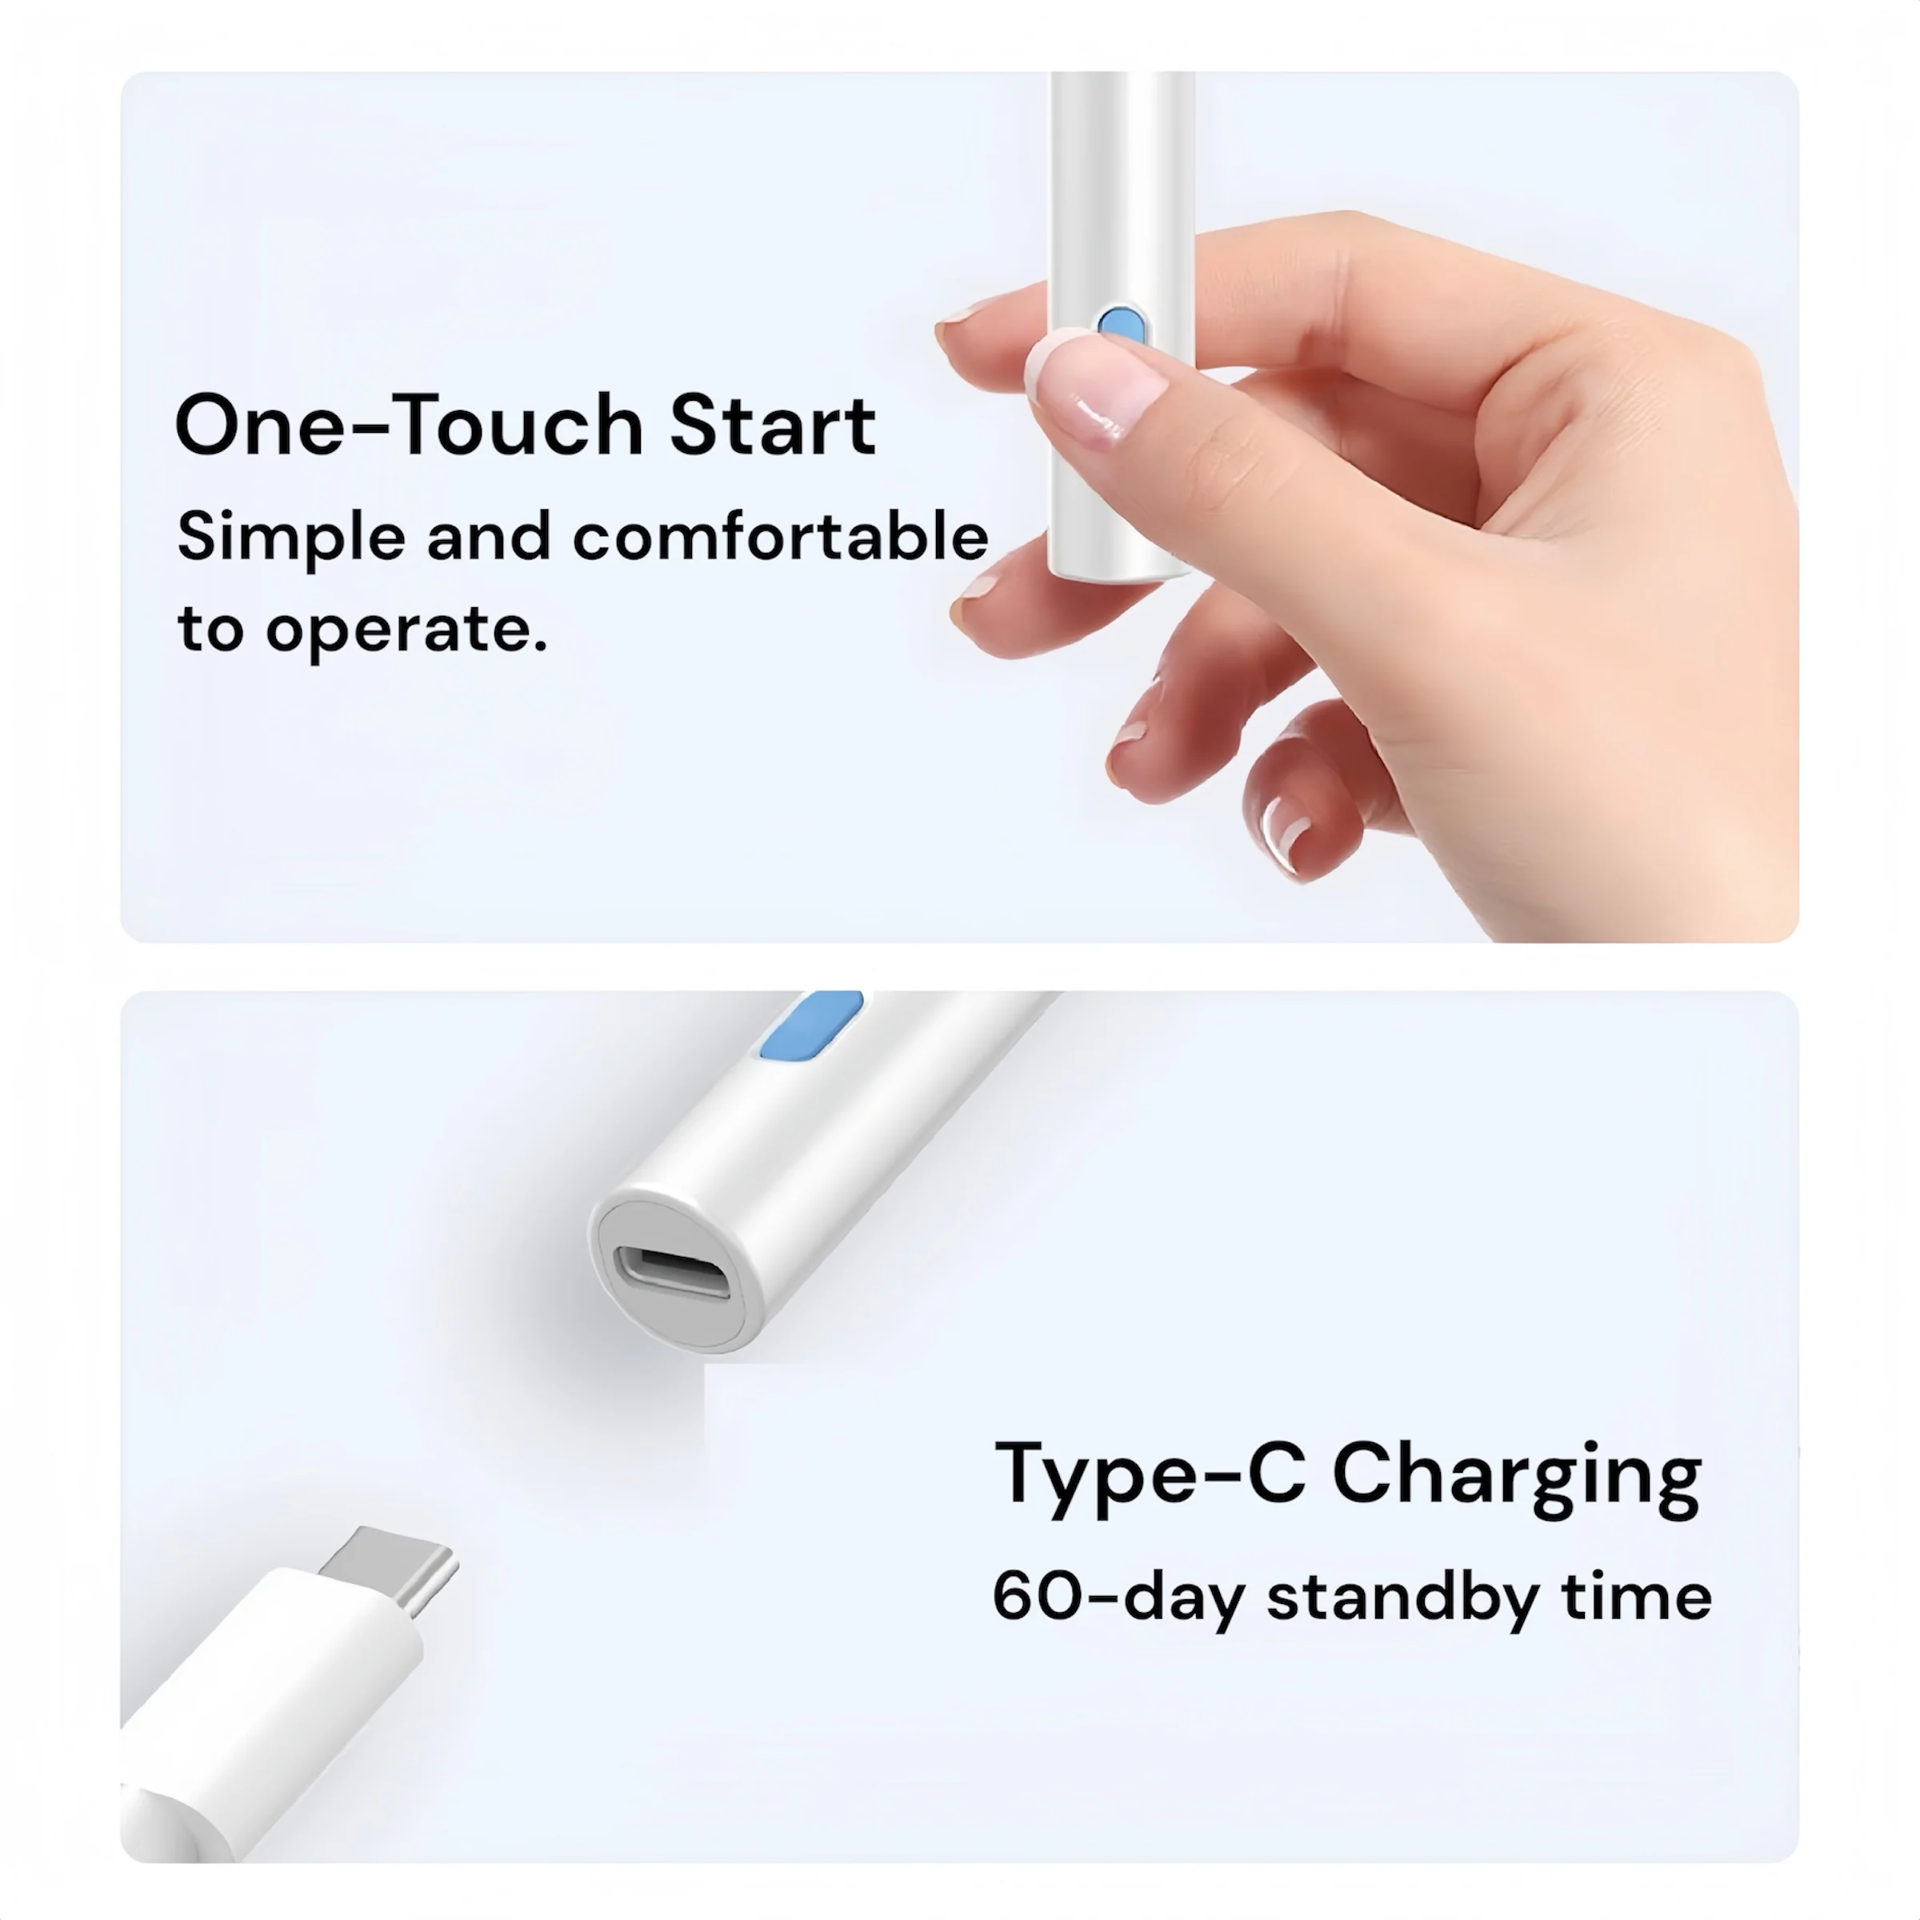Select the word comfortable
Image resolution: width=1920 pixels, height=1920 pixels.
click(x=780, y=537)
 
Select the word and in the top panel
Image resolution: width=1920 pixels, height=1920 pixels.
click(x=489, y=537)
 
